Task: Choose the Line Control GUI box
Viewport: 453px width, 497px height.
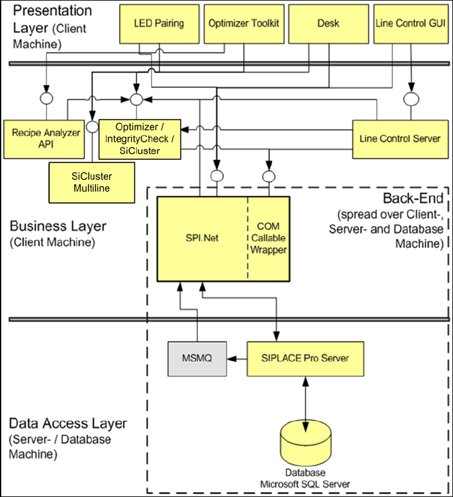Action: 411,24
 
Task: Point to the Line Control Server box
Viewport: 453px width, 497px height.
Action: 400,138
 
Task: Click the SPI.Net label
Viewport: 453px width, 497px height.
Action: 202,238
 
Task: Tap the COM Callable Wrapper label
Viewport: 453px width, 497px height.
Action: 269,238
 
